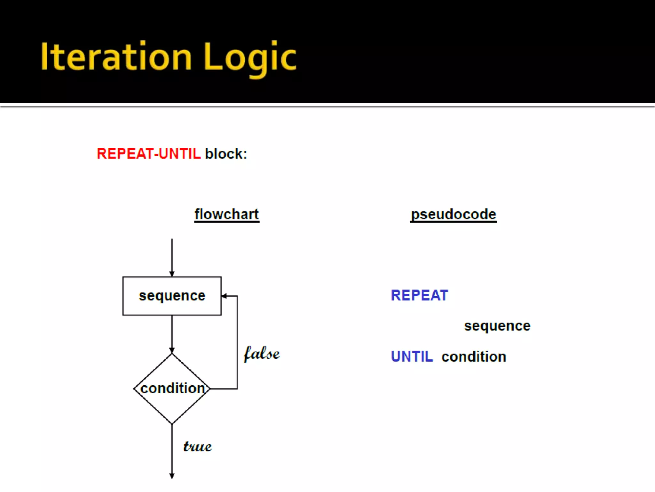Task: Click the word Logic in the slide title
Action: [x=250, y=59]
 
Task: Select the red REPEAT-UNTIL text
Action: [x=149, y=154]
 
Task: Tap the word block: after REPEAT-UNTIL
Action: [x=226, y=154]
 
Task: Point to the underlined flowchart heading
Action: [x=227, y=214]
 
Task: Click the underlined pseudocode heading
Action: [x=454, y=215]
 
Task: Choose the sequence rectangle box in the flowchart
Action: [x=172, y=296]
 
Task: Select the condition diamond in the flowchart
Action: [x=172, y=389]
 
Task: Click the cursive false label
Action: [x=262, y=354]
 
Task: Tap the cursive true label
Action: [x=197, y=446]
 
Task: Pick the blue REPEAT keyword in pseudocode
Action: [x=420, y=295]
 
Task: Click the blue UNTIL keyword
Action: [x=412, y=357]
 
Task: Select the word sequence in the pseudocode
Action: [x=497, y=326]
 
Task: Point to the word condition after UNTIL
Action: [x=474, y=357]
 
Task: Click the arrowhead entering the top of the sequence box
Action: [x=172, y=274]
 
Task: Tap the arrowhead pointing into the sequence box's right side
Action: [x=224, y=296]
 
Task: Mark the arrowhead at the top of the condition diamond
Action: [x=172, y=350]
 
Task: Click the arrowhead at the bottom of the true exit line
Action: [x=172, y=476]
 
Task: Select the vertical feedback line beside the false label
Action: [x=237, y=342]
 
